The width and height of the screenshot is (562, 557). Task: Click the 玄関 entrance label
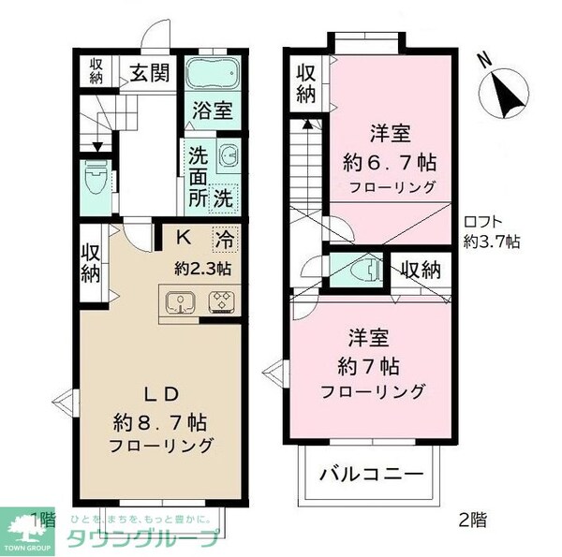coord(149,73)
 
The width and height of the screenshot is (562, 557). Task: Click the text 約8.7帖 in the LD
coord(158,418)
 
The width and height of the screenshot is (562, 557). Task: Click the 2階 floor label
coord(471,518)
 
